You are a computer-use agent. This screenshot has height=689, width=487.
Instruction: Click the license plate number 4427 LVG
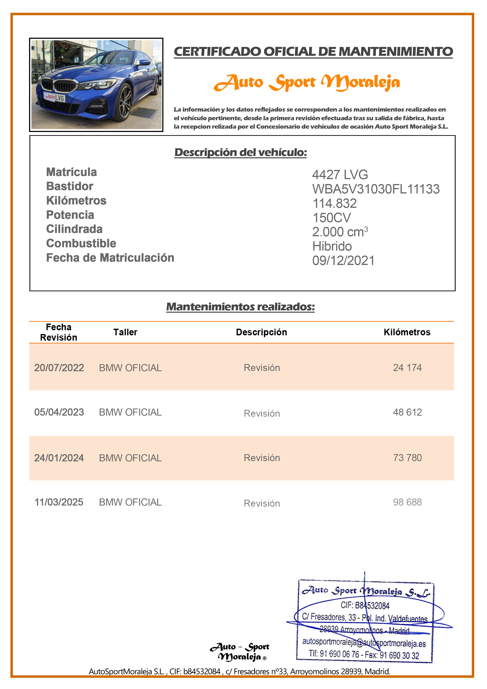tap(340, 175)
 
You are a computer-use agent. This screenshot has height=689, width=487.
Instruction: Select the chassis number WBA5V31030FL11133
tap(376, 189)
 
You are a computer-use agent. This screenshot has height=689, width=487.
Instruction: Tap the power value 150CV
tap(331, 218)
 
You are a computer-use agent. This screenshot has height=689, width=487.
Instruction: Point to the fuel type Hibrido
tap(332, 246)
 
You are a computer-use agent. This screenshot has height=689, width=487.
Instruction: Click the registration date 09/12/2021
tap(343, 260)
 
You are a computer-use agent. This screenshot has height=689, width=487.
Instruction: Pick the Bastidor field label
tap(70, 186)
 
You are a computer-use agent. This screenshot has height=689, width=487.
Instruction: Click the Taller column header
tap(125, 332)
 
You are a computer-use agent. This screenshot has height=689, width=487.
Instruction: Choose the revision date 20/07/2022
tap(59, 368)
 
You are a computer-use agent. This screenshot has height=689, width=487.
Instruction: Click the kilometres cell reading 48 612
tap(407, 412)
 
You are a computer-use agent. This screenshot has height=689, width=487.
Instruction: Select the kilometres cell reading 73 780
tap(407, 458)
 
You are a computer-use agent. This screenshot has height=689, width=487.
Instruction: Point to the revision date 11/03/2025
tap(59, 502)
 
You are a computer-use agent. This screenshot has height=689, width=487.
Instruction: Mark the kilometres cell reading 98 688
tap(407, 502)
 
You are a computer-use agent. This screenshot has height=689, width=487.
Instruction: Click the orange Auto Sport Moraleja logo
tap(307, 82)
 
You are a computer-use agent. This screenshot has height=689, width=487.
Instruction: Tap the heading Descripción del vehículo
tap(241, 152)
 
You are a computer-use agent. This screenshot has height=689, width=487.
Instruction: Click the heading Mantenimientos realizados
tap(240, 307)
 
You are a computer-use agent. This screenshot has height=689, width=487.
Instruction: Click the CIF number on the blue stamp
tap(365, 605)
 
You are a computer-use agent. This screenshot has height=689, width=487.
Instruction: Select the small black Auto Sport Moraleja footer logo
tap(239, 652)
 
